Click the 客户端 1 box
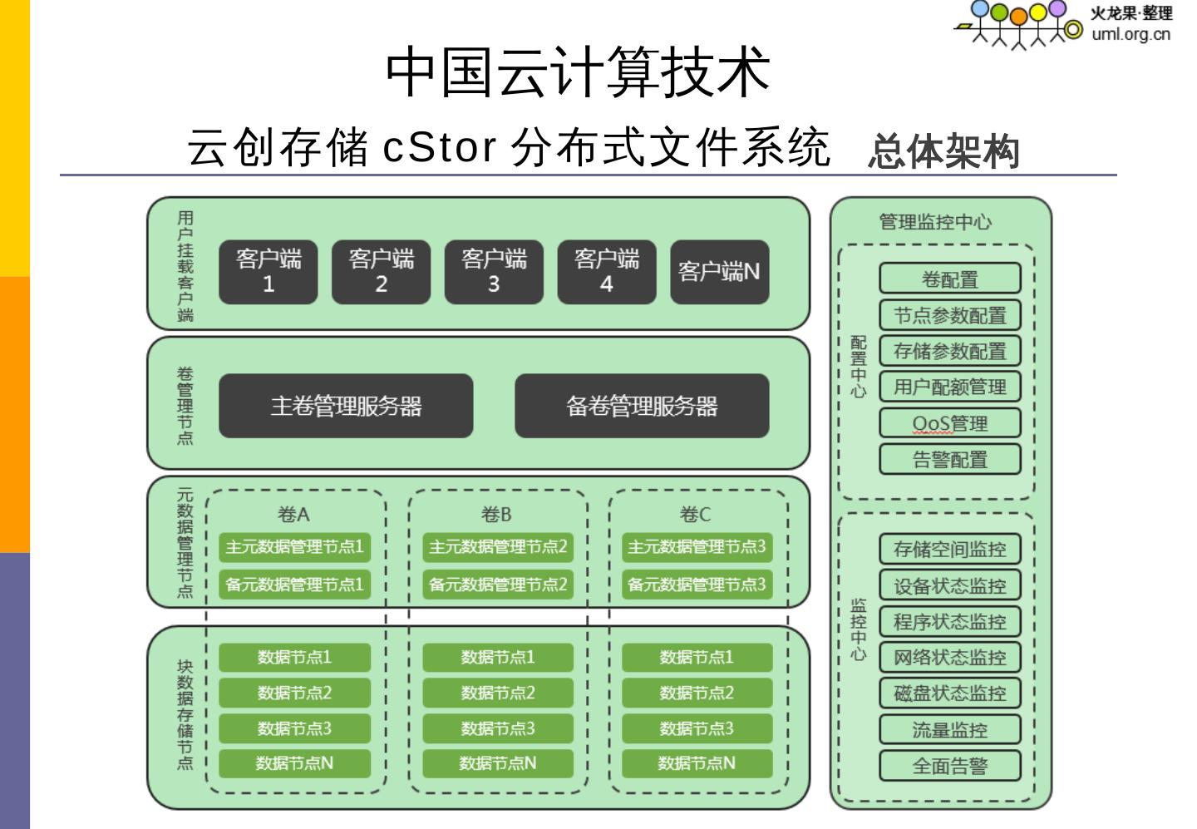268,272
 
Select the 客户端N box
719,272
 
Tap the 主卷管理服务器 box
346,406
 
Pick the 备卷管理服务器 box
642,406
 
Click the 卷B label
496,515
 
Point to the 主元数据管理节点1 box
295,547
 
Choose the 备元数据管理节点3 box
697,585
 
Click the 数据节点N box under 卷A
295,763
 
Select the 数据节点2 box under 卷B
498,693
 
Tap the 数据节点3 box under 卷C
697,728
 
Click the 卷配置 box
950,279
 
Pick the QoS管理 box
950,423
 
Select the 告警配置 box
950,459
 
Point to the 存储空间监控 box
950,549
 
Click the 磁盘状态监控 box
950,693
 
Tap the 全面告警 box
950,766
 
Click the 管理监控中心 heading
935,222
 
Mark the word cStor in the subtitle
439,147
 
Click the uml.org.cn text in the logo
1130,34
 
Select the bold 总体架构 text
943,152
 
